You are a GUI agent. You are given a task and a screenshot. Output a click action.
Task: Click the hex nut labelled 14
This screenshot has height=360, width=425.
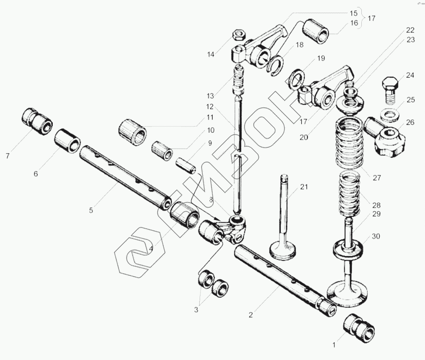[238, 34]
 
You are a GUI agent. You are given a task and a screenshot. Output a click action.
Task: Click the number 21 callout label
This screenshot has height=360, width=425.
[303, 187]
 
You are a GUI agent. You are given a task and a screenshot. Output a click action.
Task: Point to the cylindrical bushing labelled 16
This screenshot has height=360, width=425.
[320, 31]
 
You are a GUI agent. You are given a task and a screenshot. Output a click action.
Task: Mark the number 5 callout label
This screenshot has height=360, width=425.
[91, 210]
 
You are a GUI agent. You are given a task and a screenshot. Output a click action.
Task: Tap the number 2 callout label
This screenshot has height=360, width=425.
[251, 313]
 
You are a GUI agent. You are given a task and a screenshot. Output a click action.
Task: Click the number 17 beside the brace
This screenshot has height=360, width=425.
[371, 19]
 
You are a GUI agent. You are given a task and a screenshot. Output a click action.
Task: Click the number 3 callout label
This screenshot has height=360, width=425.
[196, 310]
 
